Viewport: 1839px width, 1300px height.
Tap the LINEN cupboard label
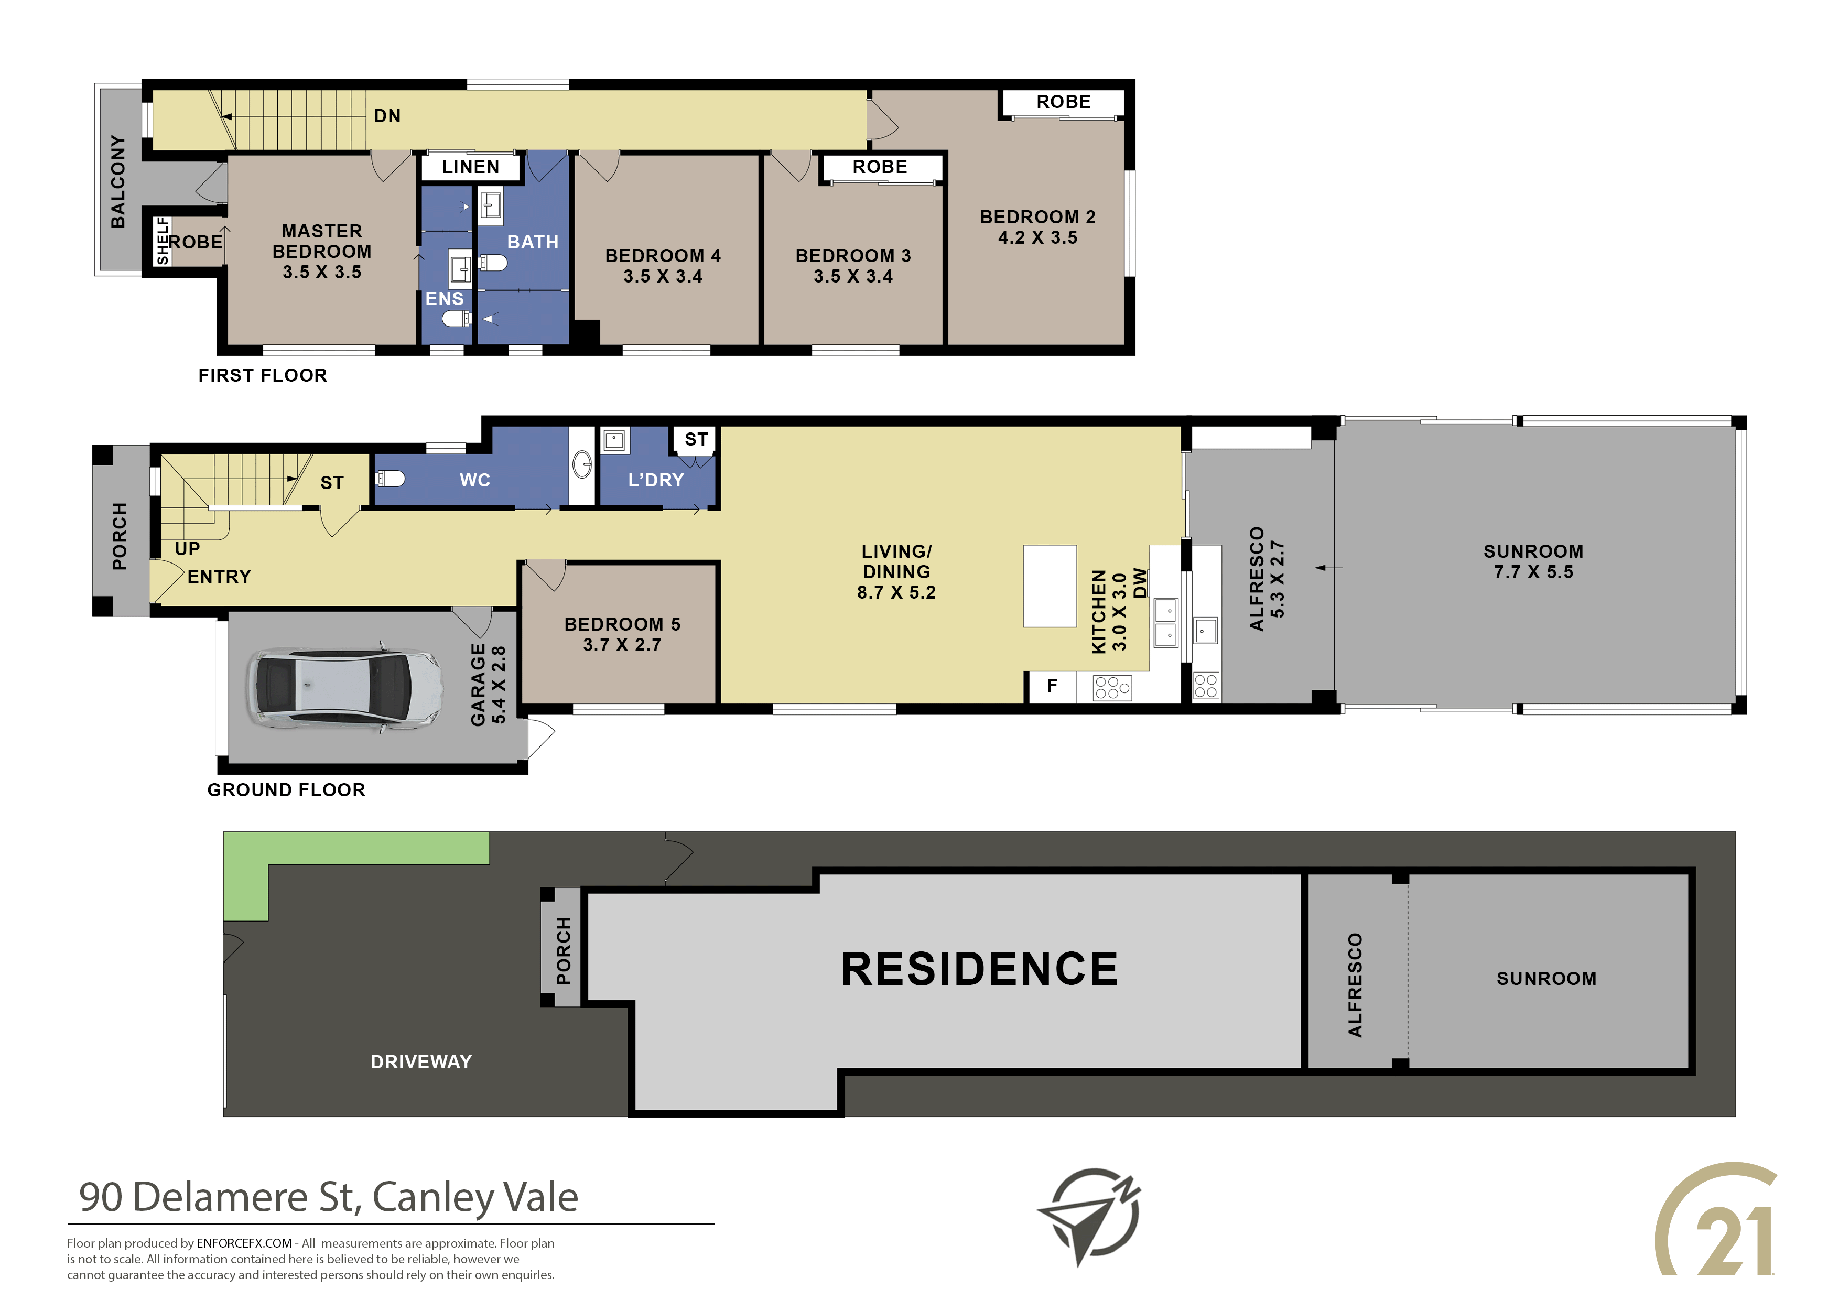click(x=470, y=167)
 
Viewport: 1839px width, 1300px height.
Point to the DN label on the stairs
click(x=387, y=116)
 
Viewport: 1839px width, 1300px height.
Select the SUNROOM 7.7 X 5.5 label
click(x=1533, y=561)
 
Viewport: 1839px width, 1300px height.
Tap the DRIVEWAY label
click(x=421, y=1062)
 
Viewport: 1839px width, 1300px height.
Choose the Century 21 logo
click(x=1716, y=1219)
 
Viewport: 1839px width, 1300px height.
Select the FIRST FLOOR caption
click(x=263, y=376)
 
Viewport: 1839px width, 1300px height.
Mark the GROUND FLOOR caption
click(x=286, y=790)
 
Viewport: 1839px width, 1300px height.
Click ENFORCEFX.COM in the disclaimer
click(x=244, y=1243)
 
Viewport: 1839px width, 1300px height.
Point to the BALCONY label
click(x=118, y=182)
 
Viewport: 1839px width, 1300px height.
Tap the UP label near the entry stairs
click(x=188, y=549)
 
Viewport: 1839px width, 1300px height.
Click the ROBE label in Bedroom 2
click(x=1064, y=102)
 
